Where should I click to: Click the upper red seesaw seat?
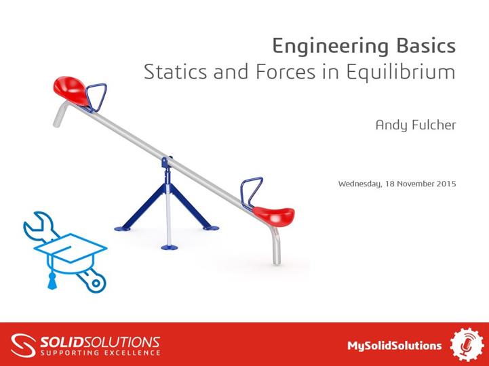pos(72,89)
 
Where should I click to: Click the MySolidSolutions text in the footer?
pos(394,345)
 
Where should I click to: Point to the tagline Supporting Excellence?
pos(100,352)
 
